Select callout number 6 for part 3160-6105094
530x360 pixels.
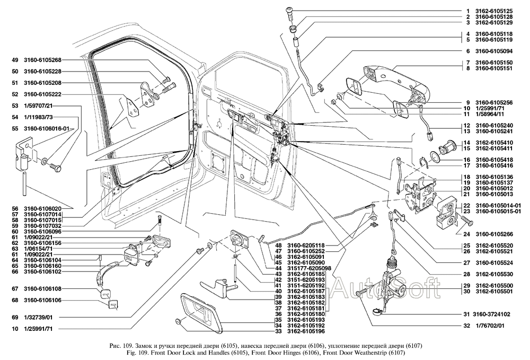(x=469, y=51)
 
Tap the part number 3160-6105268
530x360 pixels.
(x=42, y=59)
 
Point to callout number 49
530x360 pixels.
(x=15, y=59)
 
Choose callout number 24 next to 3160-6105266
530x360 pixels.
(x=469, y=234)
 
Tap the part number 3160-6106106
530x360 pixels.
(x=42, y=301)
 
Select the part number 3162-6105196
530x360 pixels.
(x=305, y=332)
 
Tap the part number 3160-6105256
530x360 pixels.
(x=493, y=102)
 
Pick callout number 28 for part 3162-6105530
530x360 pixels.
(x=469, y=274)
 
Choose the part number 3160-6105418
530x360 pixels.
(x=493, y=160)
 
